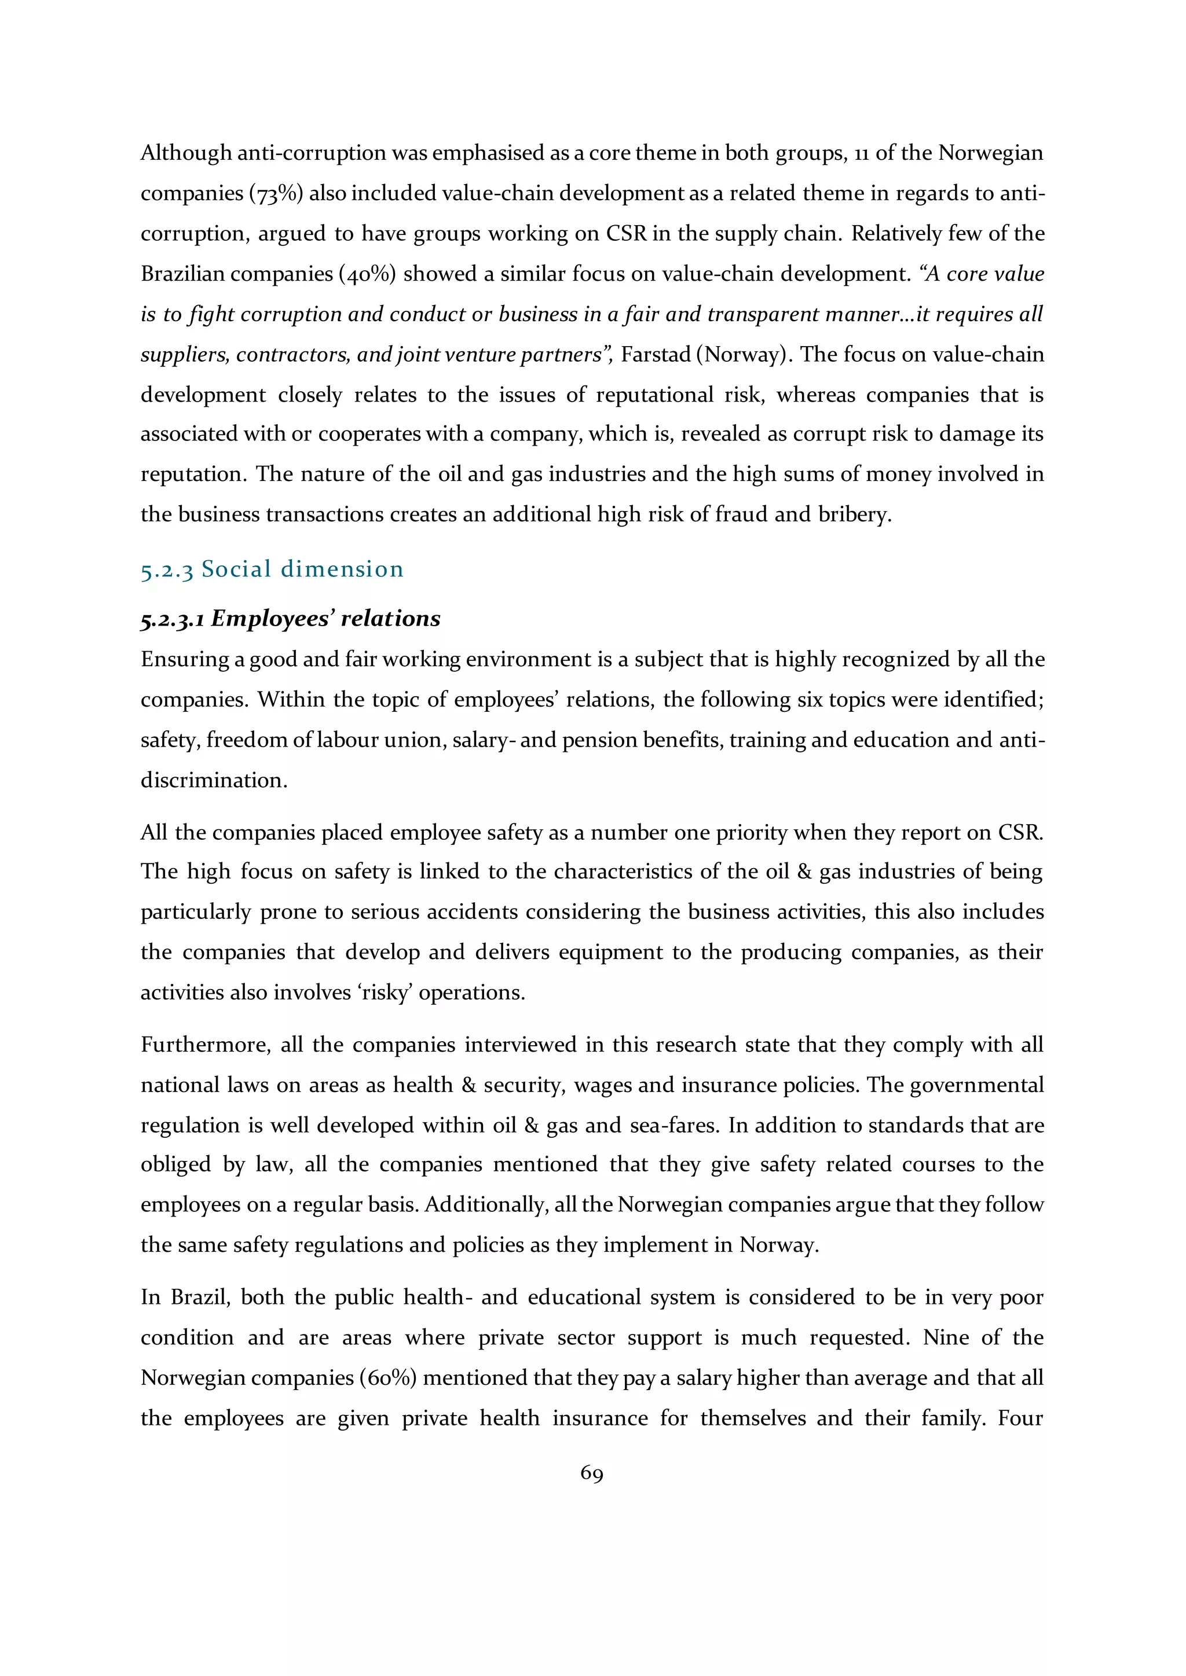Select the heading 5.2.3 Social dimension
tap(272, 569)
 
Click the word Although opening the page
tap(185, 153)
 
